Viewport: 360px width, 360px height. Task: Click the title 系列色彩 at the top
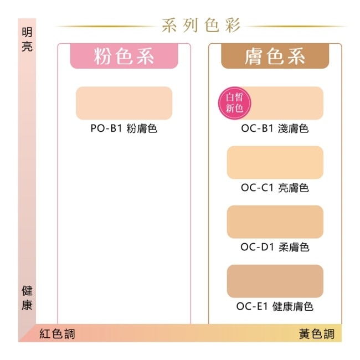coord(201,25)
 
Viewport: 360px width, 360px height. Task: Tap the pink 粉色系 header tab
coord(124,56)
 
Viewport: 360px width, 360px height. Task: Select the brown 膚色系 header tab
coord(275,56)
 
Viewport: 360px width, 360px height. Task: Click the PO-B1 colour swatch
coord(124,103)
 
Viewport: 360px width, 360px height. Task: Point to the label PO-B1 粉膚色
coord(124,128)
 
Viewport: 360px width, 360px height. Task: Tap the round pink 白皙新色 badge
coord(234,103)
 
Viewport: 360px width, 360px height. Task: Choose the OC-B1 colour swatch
coord(275,103)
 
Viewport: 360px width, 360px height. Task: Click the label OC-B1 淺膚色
coord(275,128)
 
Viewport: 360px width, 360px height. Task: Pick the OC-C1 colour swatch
coord(275,162)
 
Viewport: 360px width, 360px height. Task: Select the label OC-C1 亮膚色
coord(275,188)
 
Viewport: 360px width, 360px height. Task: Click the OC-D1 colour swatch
coord(275,222)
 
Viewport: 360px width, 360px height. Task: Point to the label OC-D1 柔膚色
coord(275,247)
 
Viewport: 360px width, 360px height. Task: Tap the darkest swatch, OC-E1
coord(275,281)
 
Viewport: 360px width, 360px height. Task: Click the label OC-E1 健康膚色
coord(275,306)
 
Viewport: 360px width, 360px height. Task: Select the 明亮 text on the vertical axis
coord(27,39)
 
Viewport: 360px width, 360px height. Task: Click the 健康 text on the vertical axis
coord(27,298)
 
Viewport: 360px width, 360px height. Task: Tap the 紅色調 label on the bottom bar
coord(57,333)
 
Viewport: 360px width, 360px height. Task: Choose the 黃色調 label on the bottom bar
coord(317,333)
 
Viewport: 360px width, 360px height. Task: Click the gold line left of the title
coord(106,27)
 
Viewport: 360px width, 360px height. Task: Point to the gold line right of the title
coord(296,27)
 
